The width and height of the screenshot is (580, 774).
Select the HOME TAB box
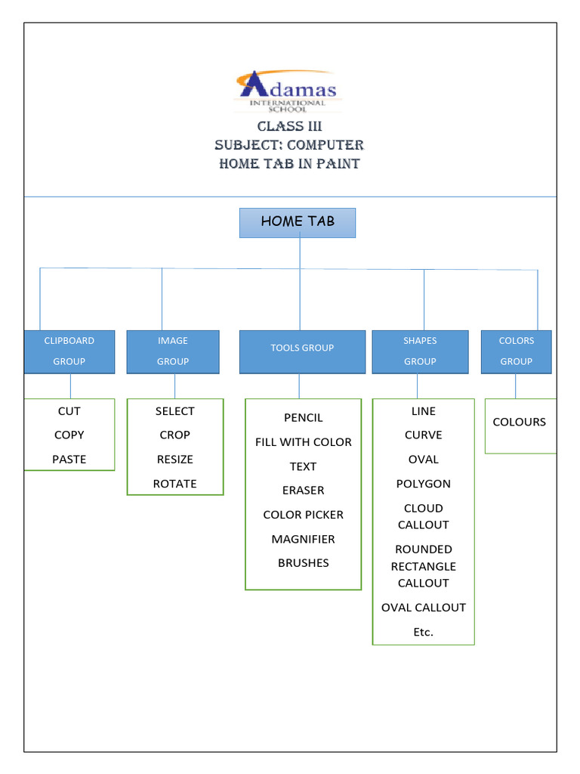[298, 222]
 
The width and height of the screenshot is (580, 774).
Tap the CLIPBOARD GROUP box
[69, 351]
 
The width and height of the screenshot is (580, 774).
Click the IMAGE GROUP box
[173, 351]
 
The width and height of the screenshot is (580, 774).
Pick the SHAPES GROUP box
[420, 351]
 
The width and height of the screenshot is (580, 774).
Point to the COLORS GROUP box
[517, 351]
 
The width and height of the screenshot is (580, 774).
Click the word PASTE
[69, 460]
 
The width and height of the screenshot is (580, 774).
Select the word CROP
[174, 435]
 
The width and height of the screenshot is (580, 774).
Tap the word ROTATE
[174, 484]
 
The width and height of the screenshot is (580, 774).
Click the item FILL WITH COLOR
[304, 442]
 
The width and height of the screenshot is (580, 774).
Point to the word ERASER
[304, 491]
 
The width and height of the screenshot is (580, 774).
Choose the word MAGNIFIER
[304, 539]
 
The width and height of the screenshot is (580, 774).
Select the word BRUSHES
[304, 563]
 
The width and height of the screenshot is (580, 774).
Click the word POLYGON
[424, 484]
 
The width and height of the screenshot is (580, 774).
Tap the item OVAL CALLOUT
[424, 608]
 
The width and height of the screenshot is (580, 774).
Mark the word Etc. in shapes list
[424, 632]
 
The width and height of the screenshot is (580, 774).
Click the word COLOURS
[520, 423]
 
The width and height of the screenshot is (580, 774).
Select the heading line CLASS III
[289, 126]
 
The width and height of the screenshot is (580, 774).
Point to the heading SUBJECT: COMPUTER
[289, 145]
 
